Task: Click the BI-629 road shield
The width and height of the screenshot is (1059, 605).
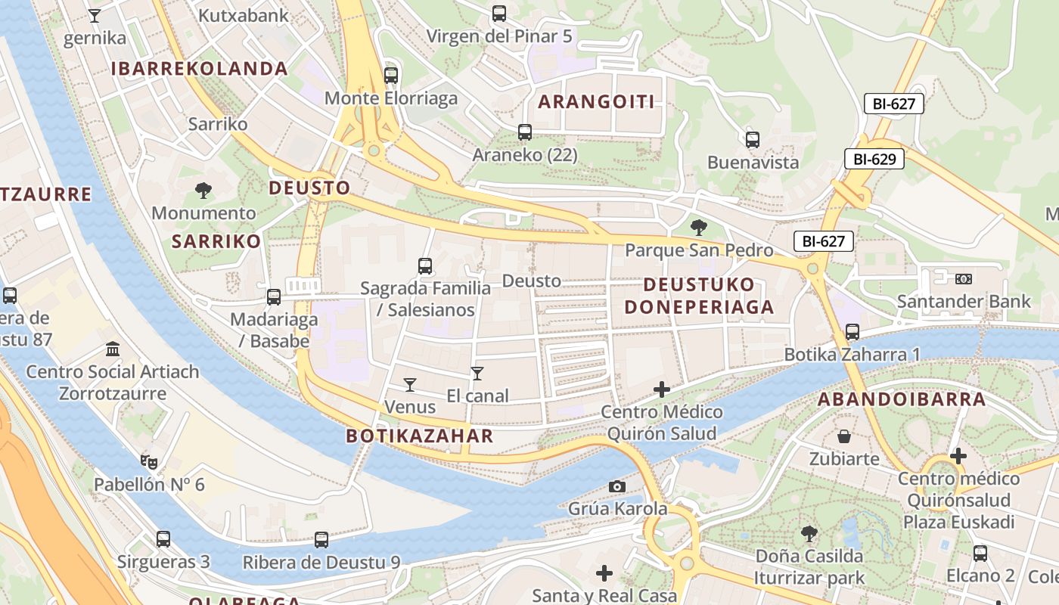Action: (874, 159)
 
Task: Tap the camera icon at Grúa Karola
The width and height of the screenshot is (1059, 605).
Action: (617, 486)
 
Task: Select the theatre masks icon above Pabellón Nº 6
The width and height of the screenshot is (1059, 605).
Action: (148, 461)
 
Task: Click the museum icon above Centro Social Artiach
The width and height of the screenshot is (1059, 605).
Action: (113, 349)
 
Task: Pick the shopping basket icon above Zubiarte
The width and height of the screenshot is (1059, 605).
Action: (844, 436)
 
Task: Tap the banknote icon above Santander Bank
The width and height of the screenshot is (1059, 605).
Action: (963, 278)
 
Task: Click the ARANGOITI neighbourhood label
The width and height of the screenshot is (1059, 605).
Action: (596, 102)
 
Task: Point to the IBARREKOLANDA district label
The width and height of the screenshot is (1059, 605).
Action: (200, 69)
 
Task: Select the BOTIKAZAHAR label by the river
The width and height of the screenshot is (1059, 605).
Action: (419, 436)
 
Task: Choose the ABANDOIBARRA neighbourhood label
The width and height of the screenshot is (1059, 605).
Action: (901, 399)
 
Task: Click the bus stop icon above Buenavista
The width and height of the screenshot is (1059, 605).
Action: (752, 139)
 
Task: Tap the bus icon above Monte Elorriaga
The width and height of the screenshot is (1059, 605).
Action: (390, 75)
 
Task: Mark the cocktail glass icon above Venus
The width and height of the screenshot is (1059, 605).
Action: (410, 385)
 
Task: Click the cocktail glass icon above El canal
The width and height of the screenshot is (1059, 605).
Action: (477, 373)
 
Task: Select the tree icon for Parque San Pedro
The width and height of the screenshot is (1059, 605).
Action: (699, 227)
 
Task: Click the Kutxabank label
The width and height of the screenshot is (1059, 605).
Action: (244, 15)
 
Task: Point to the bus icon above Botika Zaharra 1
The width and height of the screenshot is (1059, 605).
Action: (852, 331)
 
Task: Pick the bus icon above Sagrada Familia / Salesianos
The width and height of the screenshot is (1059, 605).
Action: (425, 265)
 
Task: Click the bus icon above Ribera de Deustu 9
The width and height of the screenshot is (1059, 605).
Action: (321, 539)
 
